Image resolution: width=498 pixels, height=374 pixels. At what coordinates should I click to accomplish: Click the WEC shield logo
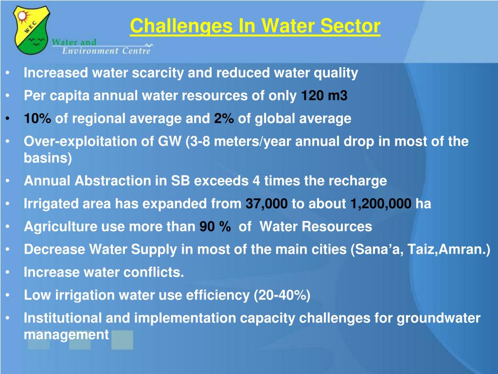(x=31, y=30)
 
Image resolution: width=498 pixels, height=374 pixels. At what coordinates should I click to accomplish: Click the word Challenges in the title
(x=181, y=26)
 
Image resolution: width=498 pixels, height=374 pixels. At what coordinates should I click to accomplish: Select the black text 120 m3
(x=324, y=95)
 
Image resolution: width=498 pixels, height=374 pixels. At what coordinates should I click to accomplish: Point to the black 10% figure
(x=37, y=118)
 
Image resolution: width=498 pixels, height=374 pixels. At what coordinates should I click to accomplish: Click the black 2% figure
(x=224, y=118)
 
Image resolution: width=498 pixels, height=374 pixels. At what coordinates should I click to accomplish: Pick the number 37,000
(x=267, y=204)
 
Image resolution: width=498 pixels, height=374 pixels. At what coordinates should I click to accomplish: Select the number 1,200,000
(x=381, y=204)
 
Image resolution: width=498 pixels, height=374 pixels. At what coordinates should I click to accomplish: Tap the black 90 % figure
(x=215, y=226)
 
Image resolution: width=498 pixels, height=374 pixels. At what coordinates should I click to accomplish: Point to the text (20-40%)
(x=282, y=296)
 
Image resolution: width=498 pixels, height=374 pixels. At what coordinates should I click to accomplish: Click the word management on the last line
(x=66, y=335)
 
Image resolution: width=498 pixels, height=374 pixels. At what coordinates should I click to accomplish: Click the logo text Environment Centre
(x=106, y=51)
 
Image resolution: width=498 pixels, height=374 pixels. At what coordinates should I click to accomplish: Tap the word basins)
(x=48, y=158)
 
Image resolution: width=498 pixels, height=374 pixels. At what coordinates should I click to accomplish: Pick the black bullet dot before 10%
(x=8, y=119)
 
